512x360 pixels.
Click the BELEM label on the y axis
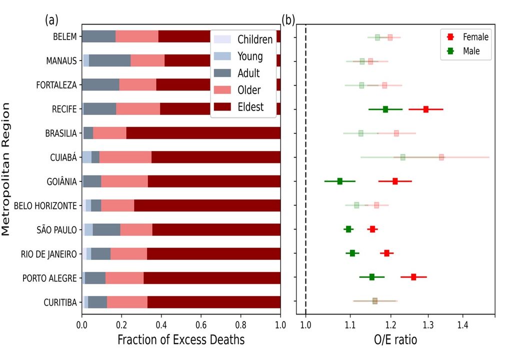pyautogui.click(x=65, y=36)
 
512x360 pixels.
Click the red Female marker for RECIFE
pyautogui.click(x=426, y=109)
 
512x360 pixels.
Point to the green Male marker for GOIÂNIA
pyautogui.click(x=340, y=181)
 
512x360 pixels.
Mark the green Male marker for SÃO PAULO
pyautogui.click(x=348, y=229)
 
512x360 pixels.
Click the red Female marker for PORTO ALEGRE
pyautogui.click(x=413, y=276)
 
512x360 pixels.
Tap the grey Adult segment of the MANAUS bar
pyautogui.click(x=109, y=60)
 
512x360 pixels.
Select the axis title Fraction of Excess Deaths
pyautogui.click(x=181, y=340)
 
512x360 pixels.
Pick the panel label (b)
pyautogui.click(x=288, y=20)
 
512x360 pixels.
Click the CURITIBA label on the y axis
pyautogui.click(x=60, y=301)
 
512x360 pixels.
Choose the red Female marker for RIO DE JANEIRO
pyautogui.click(x=386, y=253)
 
